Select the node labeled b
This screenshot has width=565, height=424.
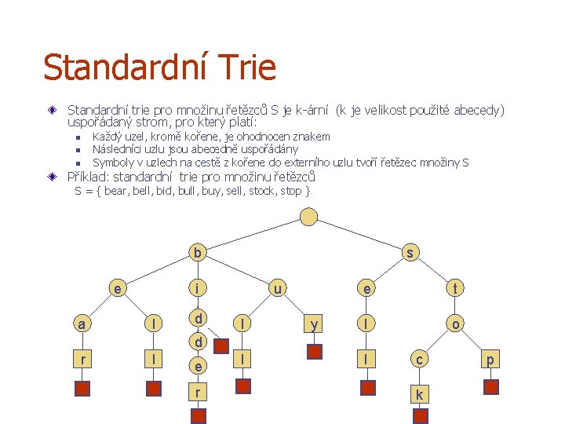tap(199, 253)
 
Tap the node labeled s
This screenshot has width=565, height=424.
tap(410, 253)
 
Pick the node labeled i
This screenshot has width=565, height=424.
tap(199, 289)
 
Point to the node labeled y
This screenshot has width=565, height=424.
tap(314, 323)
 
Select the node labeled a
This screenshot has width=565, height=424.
tap(81, 323)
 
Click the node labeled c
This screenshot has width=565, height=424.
tap(419, 360)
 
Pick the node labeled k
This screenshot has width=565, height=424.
tap(419, 394)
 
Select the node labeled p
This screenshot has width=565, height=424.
tap(491, 360)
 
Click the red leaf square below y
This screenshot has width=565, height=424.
tap(314, 351)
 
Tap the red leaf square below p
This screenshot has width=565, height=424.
tap(491, 386)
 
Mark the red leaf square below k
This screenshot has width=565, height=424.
tap(419, 416)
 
